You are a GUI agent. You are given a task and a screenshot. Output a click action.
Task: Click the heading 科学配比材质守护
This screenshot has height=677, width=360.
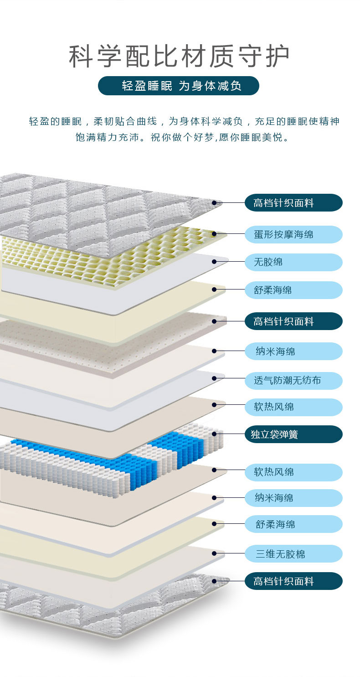pyautogui.click(x=179, y=57)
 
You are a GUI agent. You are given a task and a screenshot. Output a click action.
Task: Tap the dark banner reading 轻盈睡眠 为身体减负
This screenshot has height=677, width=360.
pyautogui.click(x=179, y=86)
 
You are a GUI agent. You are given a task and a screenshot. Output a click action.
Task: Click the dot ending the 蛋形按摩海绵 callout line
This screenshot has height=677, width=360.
pyautogui.click(x=215, y=234)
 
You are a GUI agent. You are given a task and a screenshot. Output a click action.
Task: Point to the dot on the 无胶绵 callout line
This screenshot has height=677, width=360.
pyautogui.click(x=215, y=262)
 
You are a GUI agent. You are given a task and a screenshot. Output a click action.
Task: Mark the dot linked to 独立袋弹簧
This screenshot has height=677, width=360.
pyautogui.click(x=215, y=434)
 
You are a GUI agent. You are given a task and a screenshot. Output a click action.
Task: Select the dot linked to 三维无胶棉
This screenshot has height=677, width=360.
pyautogui.click(x=215, y=553)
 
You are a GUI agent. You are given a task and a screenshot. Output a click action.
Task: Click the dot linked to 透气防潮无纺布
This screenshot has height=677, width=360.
pyautogui.click(x=215, y=378)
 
